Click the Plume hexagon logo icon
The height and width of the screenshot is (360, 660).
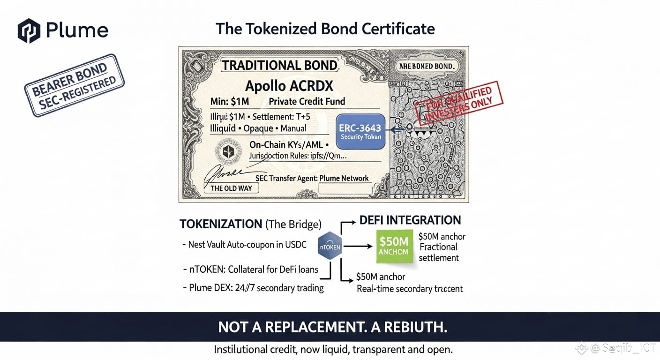point(29,30)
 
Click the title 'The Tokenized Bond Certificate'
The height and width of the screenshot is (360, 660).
point(325,29)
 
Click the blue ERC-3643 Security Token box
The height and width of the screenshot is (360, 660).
point(360,132)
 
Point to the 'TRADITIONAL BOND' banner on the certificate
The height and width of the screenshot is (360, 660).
point(279,65)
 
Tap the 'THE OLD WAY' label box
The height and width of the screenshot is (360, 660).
point(231,188)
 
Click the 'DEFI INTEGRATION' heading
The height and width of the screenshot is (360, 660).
point(410,220)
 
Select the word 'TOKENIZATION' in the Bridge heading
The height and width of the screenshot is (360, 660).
point(221,224)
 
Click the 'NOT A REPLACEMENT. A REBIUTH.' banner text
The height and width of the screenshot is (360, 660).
point(333,327)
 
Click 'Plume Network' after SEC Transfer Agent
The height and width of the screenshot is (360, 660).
point(344,179)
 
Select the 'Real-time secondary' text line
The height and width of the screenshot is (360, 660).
point(410,289)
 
